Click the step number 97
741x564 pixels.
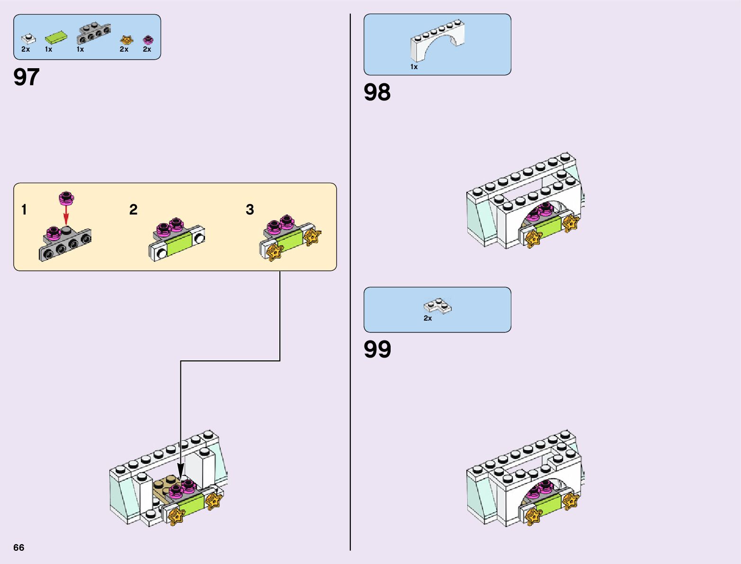pos(27,77)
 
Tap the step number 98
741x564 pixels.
pos(377,92)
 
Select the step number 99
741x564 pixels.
pos(377,349)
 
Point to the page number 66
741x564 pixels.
pos(18,547)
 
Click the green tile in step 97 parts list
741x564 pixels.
pos(55,37)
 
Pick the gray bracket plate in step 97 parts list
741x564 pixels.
pos(94,34)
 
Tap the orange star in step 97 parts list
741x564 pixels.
pos(126,40)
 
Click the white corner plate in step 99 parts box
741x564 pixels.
pos(437,306)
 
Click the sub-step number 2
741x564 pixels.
pos(134,209)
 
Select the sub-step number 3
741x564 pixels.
pos(250,209)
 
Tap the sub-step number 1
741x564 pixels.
pos(24,209)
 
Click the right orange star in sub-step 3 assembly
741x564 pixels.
pos(312,236)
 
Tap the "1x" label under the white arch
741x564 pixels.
pos(414,67)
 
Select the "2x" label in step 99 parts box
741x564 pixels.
pos(428,318)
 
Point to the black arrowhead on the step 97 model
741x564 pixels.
pos(180,469)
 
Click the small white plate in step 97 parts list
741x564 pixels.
pos(28,39)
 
